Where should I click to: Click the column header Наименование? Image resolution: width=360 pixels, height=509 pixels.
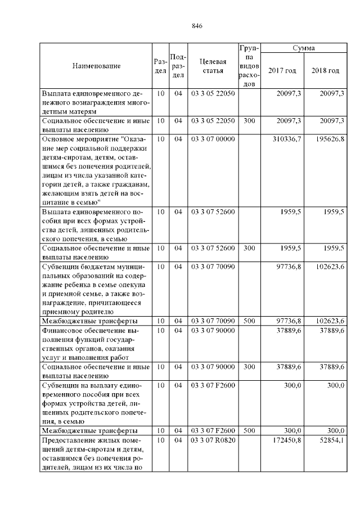coord(96,66)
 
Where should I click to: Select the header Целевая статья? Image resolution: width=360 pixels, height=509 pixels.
coord(213,66)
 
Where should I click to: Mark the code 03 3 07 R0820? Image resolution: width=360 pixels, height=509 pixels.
coord(213,440)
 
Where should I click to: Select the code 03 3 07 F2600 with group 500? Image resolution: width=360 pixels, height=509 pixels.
coord(213,430)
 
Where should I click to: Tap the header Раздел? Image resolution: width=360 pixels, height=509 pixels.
coord(160,66)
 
